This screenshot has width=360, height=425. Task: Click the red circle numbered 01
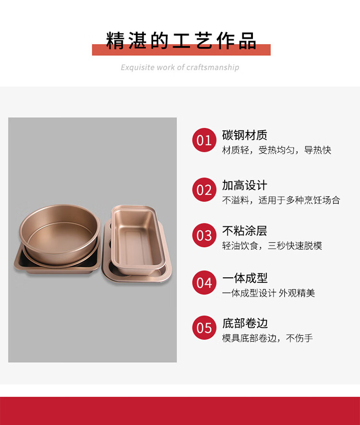pyautogui.click(x=204, y=140)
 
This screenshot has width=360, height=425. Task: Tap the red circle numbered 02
pyautogui.click(x=204, y=190)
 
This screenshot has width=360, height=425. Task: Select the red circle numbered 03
pyautogui.click(x=204, y=235)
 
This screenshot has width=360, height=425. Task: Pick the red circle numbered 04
pyautogui.click(x=204, y=283)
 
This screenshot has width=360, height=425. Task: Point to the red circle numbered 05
pyautogui.click(x=204, y=328)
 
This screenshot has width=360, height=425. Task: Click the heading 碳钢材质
pyautogui.click(x=245, y=135)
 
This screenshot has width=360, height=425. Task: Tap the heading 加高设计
pyautogui.click(x=245, y=185)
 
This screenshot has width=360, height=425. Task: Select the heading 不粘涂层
pyautogui.click(x=245, y=231)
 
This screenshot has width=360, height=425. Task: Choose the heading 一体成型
pyautogui.click(x=245, y=278)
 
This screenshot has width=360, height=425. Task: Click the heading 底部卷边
pyautogui.click(x=245, y=323)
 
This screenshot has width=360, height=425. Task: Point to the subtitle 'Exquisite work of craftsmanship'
pyautogui.click(x=180, y=67)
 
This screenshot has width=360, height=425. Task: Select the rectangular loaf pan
pyautogui.click(x=138, y=240)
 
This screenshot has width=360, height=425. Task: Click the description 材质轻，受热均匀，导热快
pyautogui.click(x=276, y=150)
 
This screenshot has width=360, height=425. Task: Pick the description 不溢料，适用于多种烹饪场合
pyautogui.click(x=281, y=200)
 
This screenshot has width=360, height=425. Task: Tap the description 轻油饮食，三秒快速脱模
pyautogui.click(x=272, y=246)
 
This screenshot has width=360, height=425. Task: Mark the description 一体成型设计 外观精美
pyautogui.click(x=268, y=293)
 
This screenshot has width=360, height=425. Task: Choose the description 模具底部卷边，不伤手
pyautogui.click(x=267, y=338)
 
